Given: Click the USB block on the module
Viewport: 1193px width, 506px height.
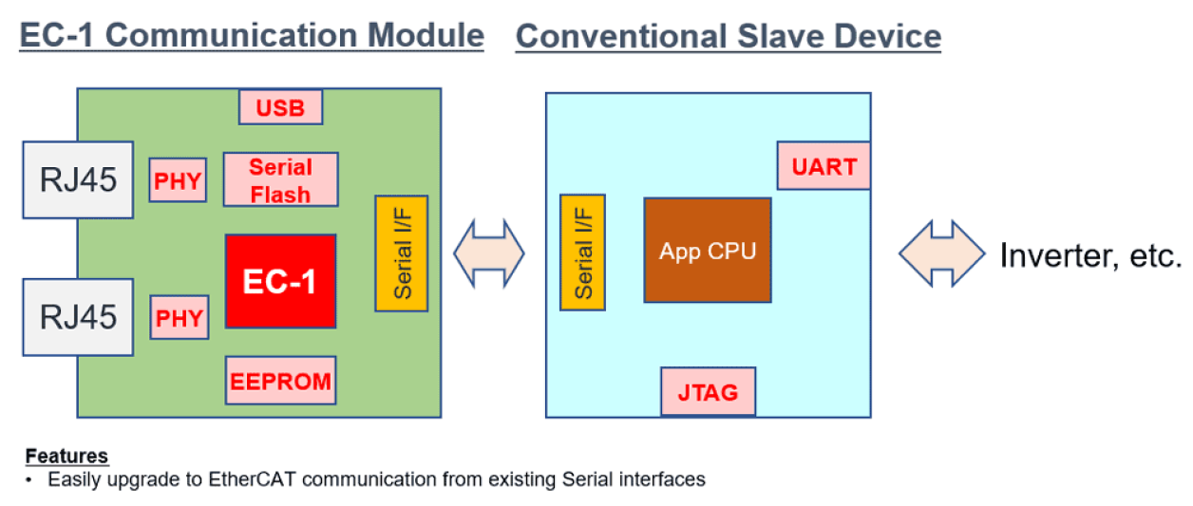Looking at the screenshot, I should click(x=280, y=107).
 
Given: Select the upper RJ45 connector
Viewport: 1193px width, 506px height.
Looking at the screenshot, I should click(x=78, y=180).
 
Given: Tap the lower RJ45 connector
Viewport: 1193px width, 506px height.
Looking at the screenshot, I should click(x=78, y=317).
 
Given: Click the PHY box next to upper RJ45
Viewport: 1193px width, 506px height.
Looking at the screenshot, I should click(x=178, y=180).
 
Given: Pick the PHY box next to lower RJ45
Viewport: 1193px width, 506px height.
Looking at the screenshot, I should click(x=180, y=317).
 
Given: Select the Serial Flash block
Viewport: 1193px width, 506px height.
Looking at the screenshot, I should click(x=280, y=179).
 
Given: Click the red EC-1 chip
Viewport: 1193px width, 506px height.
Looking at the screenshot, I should click(x=280, y=281).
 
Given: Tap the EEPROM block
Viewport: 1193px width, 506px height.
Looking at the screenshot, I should click(x=280, y=381).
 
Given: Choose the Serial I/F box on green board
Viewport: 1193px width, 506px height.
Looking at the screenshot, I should click(x=402, y=253).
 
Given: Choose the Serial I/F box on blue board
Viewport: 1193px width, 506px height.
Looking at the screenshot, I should click(x=583, y=253).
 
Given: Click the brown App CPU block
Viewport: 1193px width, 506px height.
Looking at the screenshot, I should click(x=708, y=251).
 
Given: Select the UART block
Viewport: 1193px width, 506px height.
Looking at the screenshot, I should click(x=824, y=166).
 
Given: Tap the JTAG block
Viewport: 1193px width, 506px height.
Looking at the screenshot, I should click(x=709, y=391).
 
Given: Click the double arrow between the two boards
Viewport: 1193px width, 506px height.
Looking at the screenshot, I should click(x=488, y=253).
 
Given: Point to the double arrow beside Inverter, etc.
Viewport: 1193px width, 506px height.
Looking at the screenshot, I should click(x=941, y=254).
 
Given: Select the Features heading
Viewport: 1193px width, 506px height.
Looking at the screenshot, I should click(x=66, y=456).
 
